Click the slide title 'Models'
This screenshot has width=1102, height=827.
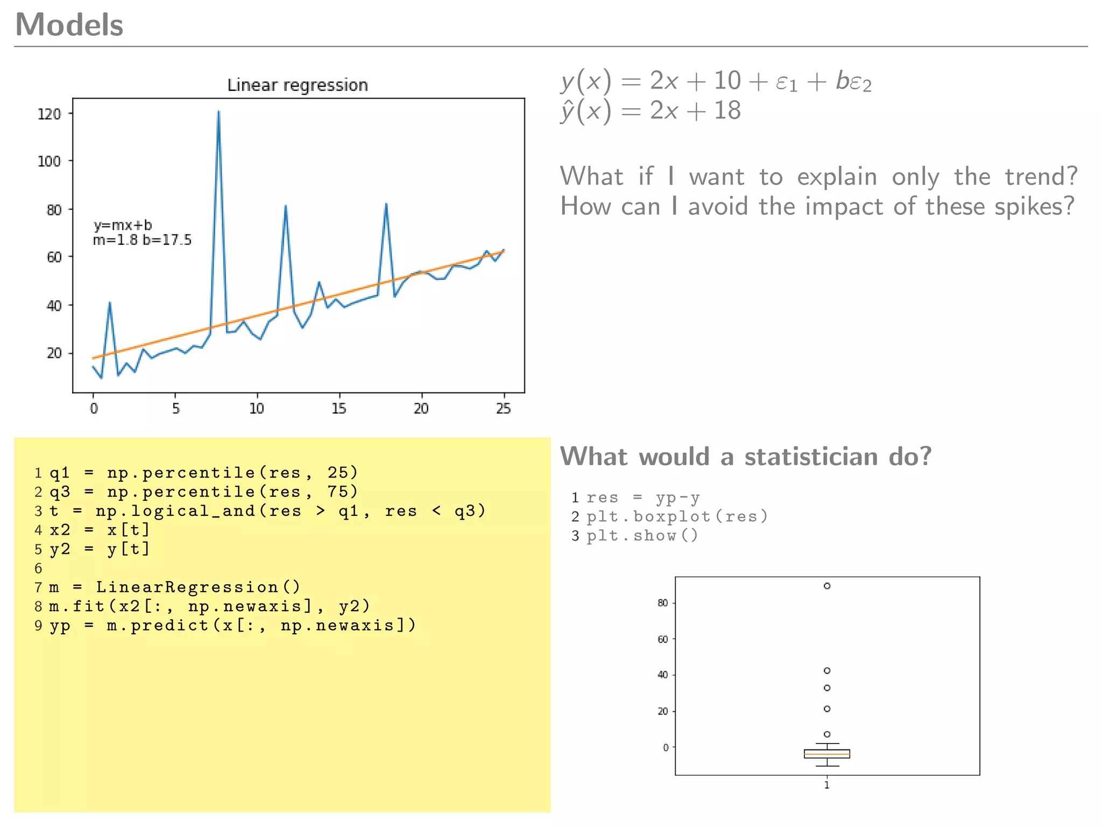pyautogui.click(x=69, y=25)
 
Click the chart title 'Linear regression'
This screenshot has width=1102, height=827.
pyautogui.click(x=297, y=85)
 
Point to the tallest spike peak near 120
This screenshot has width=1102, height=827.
pyautogui.click(x=218, y=112)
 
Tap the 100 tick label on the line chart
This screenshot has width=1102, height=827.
pyautogui.click(x=49, y=161)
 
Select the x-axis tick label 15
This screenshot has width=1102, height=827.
pyautogui.click(x=338, y=409)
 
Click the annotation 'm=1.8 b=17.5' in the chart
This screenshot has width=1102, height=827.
pyautogui.click(x=142, y=240)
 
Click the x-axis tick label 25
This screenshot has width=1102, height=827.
pyautogui.click(x=503, y=409)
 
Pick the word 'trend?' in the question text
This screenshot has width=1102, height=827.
pyautogui.click(x=1041, y=177)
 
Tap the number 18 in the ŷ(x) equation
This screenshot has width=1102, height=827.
pyautogui.click(x=727, y=110)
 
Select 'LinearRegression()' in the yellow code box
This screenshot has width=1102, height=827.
pyautogui.click(x=197, y=587)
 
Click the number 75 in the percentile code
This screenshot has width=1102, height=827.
pyautogui.click(x=338, y=492)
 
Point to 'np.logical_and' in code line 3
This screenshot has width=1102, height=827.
pyautogui.click(x=175, y=510)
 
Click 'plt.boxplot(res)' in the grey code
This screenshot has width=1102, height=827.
pyautogui.click(x=677, y=516)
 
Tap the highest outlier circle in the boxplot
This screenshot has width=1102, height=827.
pyautogui.click(x=827, y=586)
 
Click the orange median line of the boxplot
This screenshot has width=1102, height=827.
pyautogui.click(x=827, y=754)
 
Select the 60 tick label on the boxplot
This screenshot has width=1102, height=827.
pyautogui.click(x=662, y=639)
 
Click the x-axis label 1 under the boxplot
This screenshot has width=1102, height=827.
pyautogui.click(x=827, y=785)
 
